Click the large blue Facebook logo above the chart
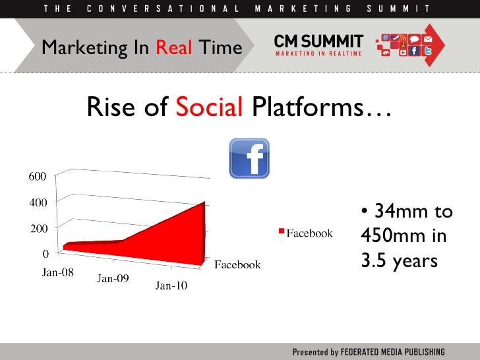coord(249,158)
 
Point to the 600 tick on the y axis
coord(37,176)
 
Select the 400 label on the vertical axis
coord(37,202)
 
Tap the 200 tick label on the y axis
coord(37,228)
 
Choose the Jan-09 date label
coord(113,279)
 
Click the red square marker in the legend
coord(281,231)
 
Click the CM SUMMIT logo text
coord(318,42)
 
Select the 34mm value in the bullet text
coord(396,212)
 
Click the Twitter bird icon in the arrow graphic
coord(427,49)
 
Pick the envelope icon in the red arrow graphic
coord(427,39)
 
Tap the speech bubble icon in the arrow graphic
coord(415,39)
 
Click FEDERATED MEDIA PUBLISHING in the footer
coord(393,351)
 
